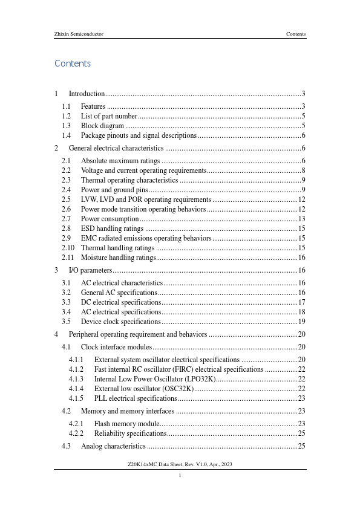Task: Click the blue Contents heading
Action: pyautogui.click(x=73, y=63)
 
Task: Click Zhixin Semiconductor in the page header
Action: pyautogui.click(x=79, y=34)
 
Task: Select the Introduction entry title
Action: pyautogui.click(x=87, y=94)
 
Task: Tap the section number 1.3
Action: pyautogui.click(x=67, y=126)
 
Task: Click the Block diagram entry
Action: pyautogui.click(x=103, y=126)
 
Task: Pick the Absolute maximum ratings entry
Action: pyautogui.click(x=120, y=161)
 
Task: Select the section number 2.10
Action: pyautogui.click(x=68, y=248)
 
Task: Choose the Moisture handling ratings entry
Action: pyautogui.click(x=119, y=258)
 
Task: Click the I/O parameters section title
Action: pyautogui.click(x=91, y=270)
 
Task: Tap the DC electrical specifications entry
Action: pyautogui.click(x=120, y=302)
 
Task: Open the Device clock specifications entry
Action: pyautogui.click(x=120, y=322)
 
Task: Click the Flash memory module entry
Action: pyautogui.click(x=126, y=424)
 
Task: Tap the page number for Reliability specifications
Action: pyautogui.click(x=301, y=433)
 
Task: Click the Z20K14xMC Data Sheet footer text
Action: pyautogui.click(x=180, y=464)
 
